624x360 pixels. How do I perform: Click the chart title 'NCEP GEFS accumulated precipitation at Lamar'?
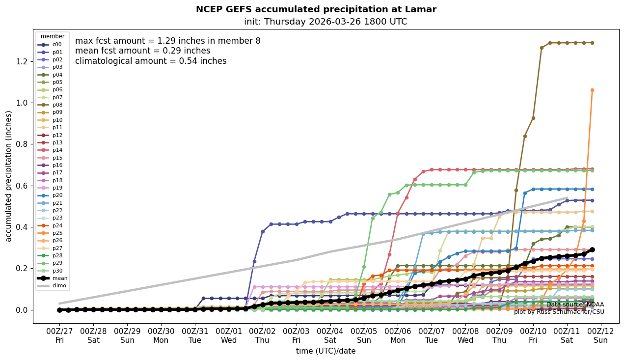[x=316, y=9]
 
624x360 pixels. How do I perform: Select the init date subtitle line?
[x=326, y=22]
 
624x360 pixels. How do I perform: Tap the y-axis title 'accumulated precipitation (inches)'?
[x=9, y=176]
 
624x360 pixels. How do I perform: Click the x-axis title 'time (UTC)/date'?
[x=326, y=351]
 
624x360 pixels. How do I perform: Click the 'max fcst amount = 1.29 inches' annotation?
[x=167, y=41]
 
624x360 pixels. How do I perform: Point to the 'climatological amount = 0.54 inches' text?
[x=151, y=61]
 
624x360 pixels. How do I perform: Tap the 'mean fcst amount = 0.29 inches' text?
[x=142, y=51]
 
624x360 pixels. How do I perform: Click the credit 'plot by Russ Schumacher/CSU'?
[x=559, y=312]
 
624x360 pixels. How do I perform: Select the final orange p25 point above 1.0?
[x=592, y=90]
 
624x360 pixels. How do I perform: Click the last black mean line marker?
[x=592, y=249]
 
